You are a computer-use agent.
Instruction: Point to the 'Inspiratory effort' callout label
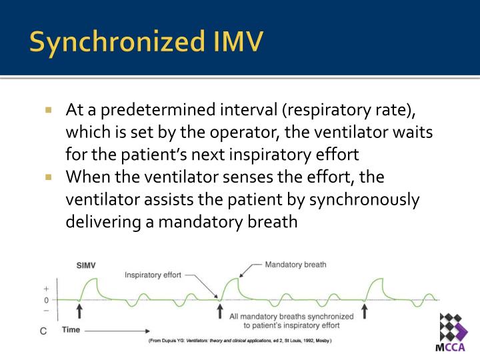point(153,275)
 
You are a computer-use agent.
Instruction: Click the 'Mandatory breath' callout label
point(295,265)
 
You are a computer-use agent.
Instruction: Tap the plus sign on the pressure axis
point(46,289)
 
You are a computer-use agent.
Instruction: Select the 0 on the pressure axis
point(46,300)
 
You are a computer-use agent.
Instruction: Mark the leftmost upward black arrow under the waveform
point(79,311)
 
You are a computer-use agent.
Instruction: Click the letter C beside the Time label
point(44,331)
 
